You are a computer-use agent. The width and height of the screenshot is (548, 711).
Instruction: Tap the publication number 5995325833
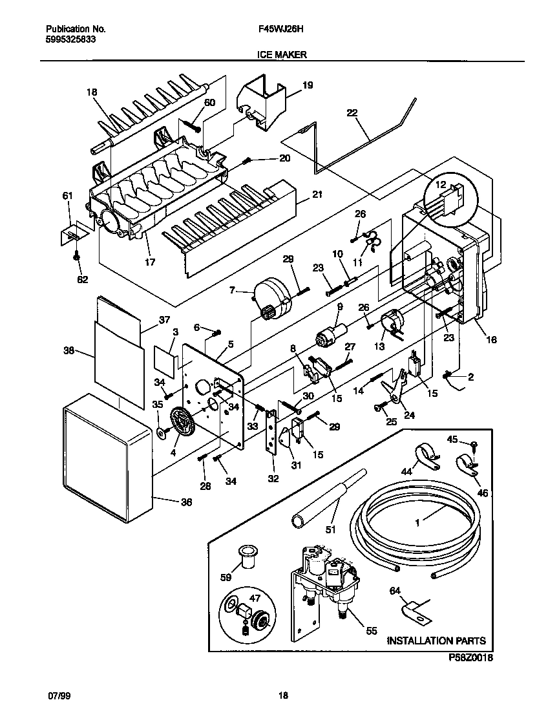point(72,39)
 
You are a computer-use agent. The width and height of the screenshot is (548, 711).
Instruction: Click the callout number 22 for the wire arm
point(352,112)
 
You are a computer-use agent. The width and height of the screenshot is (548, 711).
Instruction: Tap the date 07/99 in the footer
point(58,695)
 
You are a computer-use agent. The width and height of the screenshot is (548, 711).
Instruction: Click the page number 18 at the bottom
point(282,695)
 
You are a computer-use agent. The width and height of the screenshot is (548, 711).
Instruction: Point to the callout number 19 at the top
point(307,85)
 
